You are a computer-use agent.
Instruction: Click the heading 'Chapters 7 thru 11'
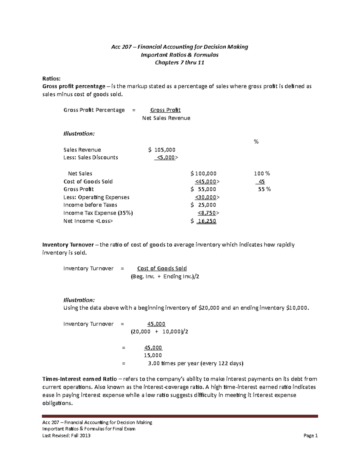[179, 63]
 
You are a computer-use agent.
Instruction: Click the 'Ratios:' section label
[51, 79]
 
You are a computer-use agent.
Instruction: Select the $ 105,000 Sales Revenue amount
[162, 150]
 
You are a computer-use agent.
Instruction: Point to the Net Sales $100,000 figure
[203, 173]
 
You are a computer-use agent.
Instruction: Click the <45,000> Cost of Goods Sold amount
[207, 182]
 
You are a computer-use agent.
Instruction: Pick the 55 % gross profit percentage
[264, 189]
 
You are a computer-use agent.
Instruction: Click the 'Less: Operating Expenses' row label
[96, 197]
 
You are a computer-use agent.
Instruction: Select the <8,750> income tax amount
[208, 213]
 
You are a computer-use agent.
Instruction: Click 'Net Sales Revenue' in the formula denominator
[166, 118]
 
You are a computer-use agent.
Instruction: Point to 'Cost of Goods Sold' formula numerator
[162, 269]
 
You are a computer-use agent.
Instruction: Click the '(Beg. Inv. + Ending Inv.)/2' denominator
[165, 276]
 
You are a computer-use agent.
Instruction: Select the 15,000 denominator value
[153, 355]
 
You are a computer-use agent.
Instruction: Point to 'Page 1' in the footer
[310, 435]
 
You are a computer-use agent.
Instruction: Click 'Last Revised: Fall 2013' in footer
[66, 435]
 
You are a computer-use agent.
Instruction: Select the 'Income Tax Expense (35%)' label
[98, 213]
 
